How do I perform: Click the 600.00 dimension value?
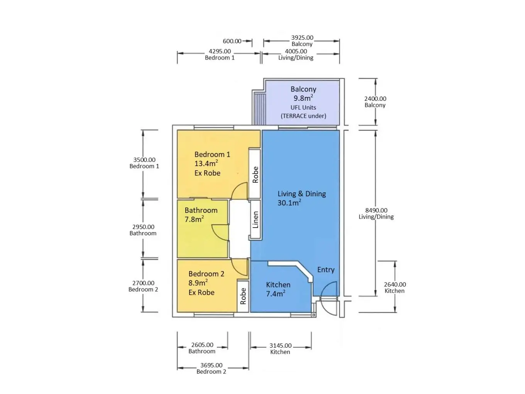click(232, 41)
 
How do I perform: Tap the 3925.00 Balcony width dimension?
click(302, 41)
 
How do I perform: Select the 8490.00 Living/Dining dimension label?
click(376, 213)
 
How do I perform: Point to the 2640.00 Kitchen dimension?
click(395, 287)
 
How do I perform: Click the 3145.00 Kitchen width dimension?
click(280, 348)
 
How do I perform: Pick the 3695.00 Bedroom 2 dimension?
click(211, 368)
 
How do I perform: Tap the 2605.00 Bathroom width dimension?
click(202, 348)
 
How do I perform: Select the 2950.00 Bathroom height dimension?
click(143, 230)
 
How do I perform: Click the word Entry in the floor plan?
click(326, 270)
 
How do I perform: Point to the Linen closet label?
click(256, 220)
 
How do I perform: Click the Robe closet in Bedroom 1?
click(255, 174)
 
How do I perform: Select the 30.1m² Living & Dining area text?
click(289, 203)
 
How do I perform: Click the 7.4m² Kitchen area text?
click(276, 294)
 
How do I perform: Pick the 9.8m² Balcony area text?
click(303, 98)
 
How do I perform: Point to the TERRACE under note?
click(303, 116)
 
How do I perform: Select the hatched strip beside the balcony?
click(259, 109)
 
